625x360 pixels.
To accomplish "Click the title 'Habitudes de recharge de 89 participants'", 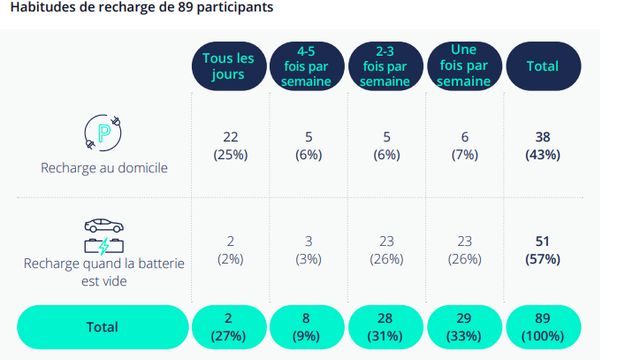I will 141,8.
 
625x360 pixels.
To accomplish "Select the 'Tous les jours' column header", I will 228,66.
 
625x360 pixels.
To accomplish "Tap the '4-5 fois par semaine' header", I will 307,66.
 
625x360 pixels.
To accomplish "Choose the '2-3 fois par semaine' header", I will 385,66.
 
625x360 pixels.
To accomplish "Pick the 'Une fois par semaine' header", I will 463,65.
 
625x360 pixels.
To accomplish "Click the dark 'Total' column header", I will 542,66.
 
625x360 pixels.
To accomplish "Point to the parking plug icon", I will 103,134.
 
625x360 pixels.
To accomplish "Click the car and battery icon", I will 103,235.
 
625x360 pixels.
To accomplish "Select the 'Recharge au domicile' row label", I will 103,167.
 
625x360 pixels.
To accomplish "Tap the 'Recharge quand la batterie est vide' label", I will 103,272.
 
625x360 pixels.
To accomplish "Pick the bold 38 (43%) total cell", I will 543,146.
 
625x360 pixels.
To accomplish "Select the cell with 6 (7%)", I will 465,146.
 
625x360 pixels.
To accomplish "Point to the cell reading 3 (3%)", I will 308,249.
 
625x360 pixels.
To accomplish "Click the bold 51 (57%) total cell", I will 543,249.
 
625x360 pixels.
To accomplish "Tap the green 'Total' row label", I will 102,326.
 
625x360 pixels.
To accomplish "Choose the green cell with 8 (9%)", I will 307,326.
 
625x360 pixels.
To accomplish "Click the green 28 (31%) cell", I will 385,326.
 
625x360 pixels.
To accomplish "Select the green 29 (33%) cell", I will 463,326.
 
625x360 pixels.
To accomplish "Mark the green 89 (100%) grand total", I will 542,326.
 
